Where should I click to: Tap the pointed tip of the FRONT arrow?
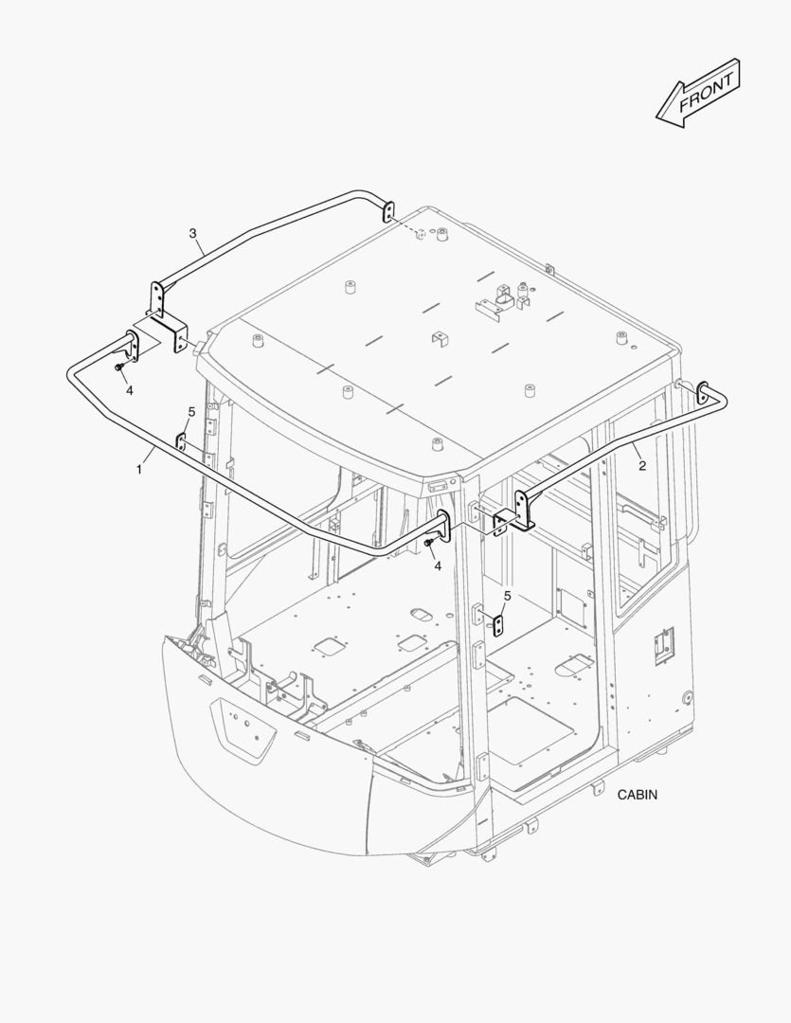coord(656,118)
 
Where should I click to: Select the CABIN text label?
coord(638,795)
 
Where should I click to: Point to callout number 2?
coord(642,465)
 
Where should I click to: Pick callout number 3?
coord(192,233)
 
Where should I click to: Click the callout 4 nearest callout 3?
coord(129,390)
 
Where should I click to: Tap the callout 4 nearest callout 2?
coord(438,566)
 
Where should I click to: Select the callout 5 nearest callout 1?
coord(191,412)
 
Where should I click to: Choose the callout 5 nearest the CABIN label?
coord(507,595)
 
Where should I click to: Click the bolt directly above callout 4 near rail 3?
coord(118,368)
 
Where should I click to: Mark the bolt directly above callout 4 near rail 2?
coord(427,542)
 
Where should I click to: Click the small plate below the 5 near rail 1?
coord(181,441)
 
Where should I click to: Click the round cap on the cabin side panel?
coord(687,697)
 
